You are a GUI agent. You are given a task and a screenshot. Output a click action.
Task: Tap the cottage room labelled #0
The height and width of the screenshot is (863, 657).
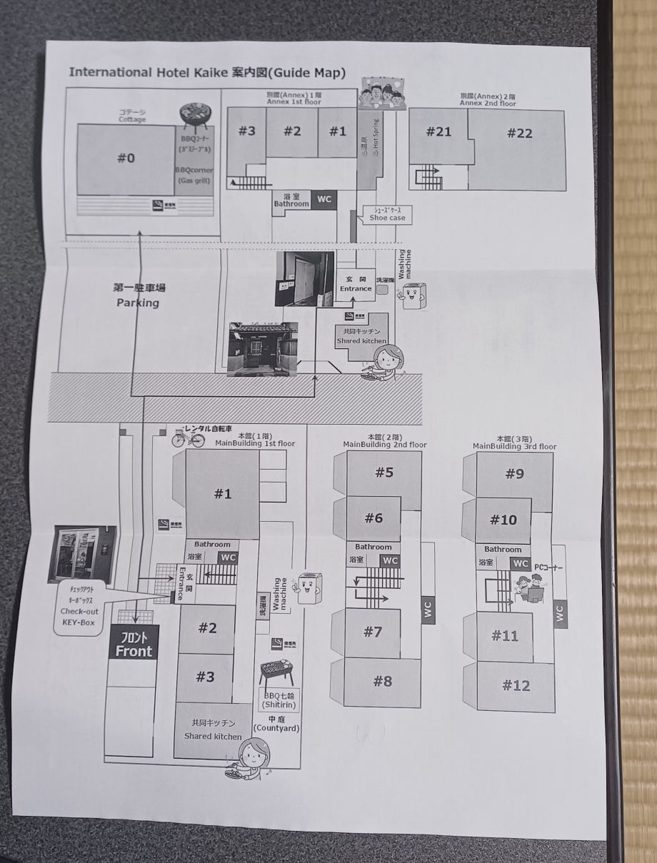pos(126,158)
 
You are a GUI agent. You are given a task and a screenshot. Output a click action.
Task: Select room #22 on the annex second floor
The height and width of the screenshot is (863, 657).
pos(519,133)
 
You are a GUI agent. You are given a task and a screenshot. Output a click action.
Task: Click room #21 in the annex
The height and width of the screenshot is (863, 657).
pos(438,132)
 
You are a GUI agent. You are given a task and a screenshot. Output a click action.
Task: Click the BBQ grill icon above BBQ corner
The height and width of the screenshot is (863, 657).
pos(194,114)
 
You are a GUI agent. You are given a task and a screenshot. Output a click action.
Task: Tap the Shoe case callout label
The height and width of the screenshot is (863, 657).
pos(387,213)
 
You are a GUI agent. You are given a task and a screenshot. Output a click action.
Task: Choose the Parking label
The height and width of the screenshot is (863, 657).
pos(139,296)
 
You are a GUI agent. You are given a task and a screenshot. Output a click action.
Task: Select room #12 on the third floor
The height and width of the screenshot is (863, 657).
pos(516,686)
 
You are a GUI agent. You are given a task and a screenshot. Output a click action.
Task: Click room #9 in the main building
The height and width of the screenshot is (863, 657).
pos(515,473)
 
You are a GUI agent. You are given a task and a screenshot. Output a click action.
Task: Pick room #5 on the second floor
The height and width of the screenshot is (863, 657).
pos(384,472)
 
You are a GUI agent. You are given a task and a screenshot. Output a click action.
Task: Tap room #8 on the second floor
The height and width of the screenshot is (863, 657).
pos(383,682)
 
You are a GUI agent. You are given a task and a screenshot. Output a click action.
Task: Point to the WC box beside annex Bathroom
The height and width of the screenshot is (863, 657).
pos(324,199)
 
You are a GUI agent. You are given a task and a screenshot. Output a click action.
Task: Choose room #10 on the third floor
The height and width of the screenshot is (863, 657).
pos(503,520)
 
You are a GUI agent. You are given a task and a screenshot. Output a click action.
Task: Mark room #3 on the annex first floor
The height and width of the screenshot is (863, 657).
pos(246,131)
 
